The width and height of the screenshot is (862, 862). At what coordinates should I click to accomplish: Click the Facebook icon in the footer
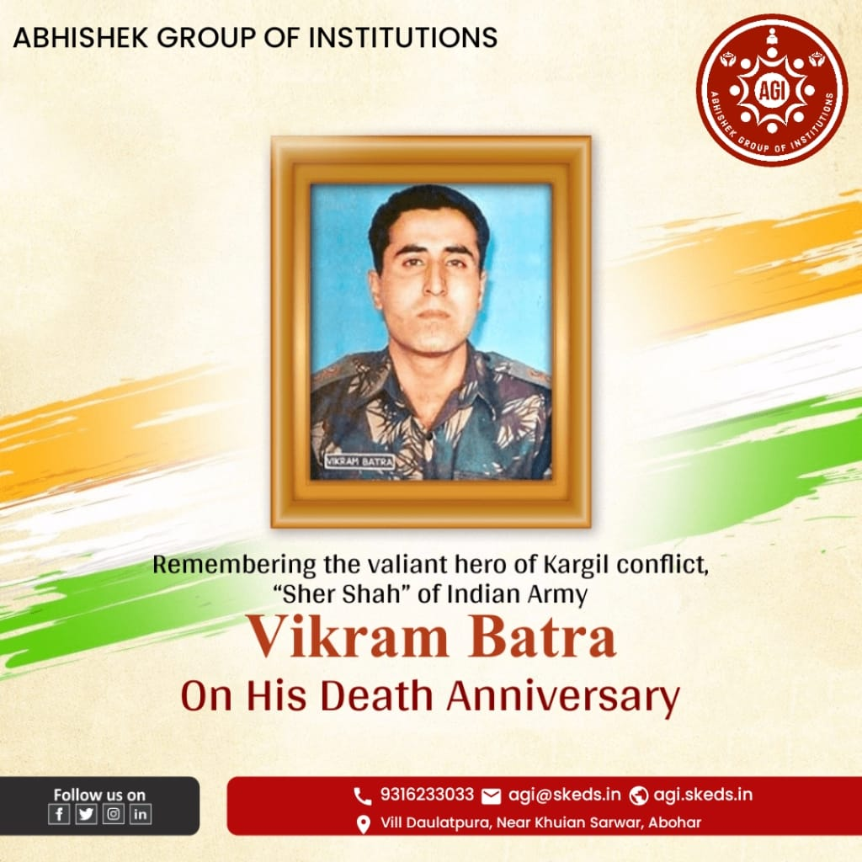[x=59, y=814]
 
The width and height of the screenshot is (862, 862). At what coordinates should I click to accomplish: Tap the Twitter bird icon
[x=86, y=814]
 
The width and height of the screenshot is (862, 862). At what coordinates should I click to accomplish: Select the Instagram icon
[x=114, y=814]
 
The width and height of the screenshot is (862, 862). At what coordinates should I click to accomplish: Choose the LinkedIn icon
[x=141, y=814]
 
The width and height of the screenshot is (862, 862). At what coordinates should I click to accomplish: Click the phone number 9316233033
[x=427, y=795]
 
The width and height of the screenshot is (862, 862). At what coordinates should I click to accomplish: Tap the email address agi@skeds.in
[x=564, y=795]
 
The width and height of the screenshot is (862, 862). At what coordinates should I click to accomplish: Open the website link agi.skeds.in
[x=703, y=795]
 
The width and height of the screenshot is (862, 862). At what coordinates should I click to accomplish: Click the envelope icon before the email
[x=491, y=796]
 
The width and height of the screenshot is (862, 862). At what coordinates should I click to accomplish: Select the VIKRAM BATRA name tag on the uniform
[x=359, y=461]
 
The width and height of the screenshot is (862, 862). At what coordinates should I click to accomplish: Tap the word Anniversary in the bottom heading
[x=563, y=697]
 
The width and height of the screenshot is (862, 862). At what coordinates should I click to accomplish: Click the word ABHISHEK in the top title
[x=81, y=38]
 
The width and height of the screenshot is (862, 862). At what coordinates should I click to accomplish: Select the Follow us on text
[x=99, y=795]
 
